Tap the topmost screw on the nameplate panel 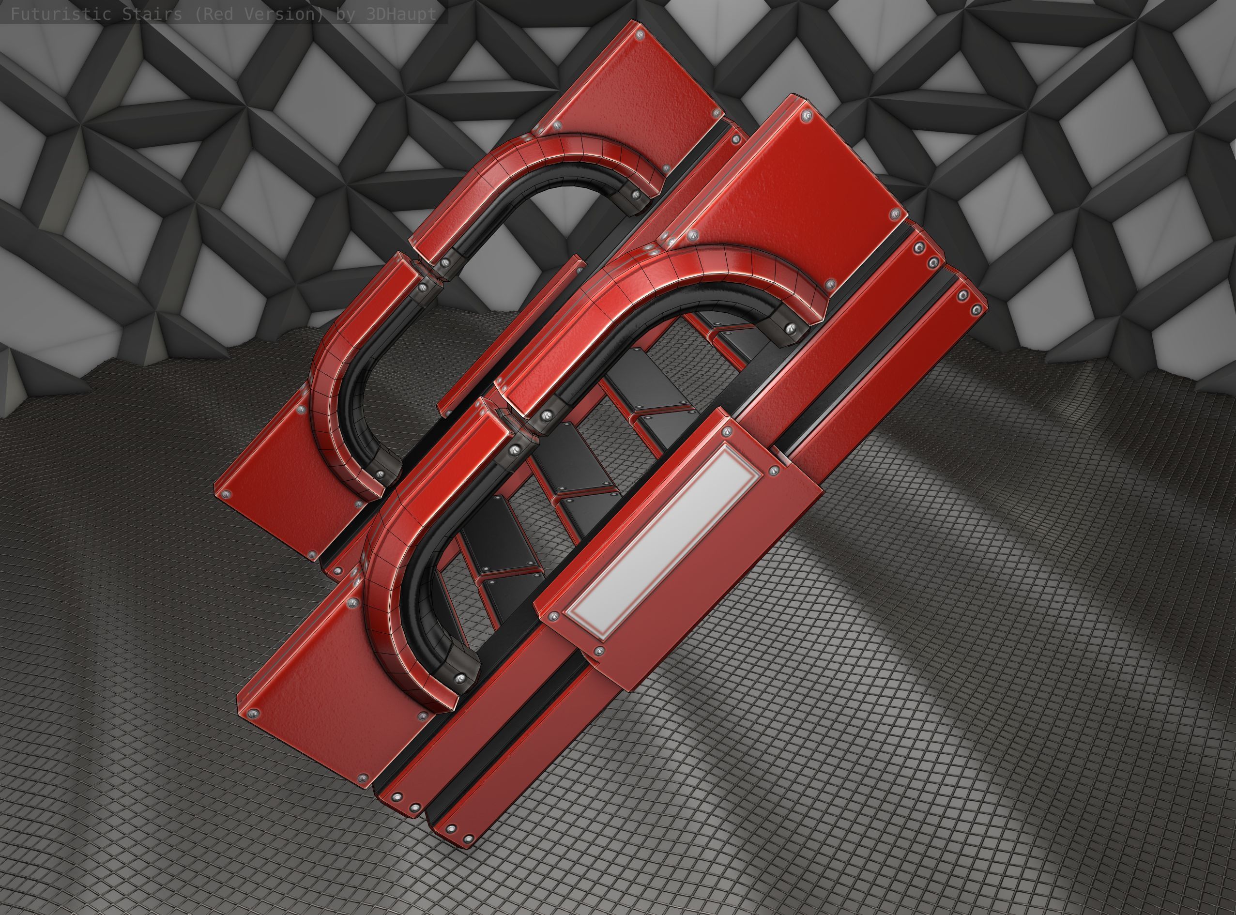coord(727,431)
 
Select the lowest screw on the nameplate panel coord(599,651)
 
